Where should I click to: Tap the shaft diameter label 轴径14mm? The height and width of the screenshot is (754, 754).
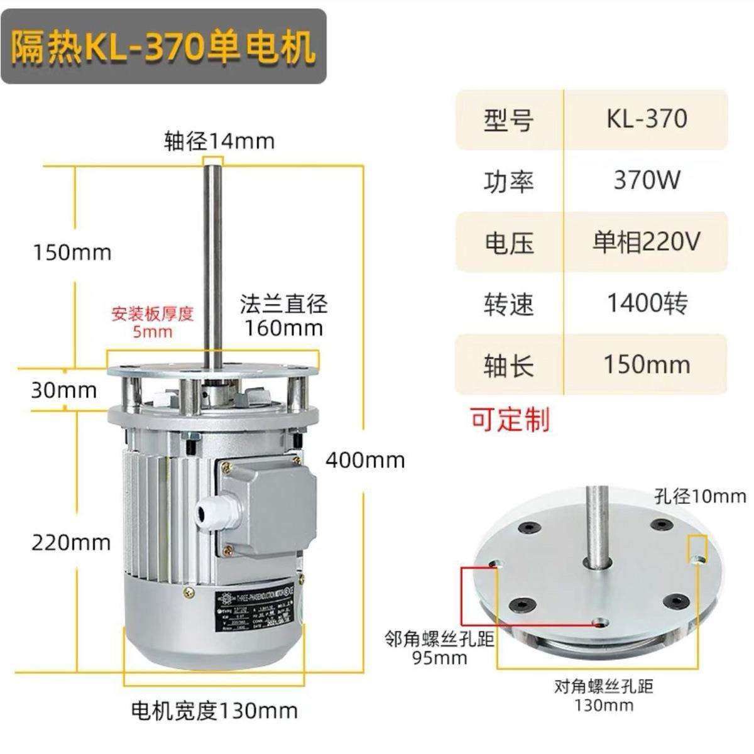pyautogui.click(x=219, y=141)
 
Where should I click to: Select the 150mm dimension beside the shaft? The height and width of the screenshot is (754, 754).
pyautogui.click(x=72, y=253)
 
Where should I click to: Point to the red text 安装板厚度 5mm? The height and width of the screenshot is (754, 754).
pyautogui.click(x=152, y=322)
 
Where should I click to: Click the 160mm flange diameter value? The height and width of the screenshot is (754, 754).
pyautogui.click(x=284, y=328)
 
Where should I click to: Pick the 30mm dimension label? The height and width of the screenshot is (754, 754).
pyautogui.click(x=64, y=391)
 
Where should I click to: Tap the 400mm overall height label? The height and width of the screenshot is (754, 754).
pyautogui.click(x=365, y=461)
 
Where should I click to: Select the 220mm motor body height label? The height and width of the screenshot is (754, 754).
pyautogui.click(x=71, y=542)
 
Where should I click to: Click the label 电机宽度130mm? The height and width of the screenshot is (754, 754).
pyautogui.click(x=214, y=711)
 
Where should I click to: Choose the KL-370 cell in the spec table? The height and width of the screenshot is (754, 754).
pyautogui.click(x=647, y=119)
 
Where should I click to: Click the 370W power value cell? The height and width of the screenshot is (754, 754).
pyautogui.click(x=647, y=180)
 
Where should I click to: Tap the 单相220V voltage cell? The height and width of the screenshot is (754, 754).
pyautogui.click(x=647, y=242)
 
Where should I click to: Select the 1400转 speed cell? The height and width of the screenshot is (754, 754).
pyautogui.click(x=647, y=303)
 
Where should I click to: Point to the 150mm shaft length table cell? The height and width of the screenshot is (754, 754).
pyautogui.click(x=647, y=364)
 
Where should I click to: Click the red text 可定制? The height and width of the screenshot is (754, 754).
pyautogui.click(x=510, y=419)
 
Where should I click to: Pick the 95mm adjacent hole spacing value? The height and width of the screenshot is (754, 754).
pyautogui.click(x=440, y=658)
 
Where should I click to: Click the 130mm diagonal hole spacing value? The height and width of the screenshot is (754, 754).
pyautogui.click(x=603, y=705)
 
